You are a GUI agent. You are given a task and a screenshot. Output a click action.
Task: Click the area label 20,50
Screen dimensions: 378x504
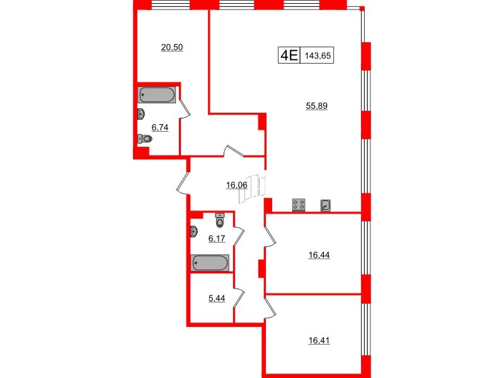172,47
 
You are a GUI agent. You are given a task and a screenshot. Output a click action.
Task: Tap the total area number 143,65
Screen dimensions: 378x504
318,55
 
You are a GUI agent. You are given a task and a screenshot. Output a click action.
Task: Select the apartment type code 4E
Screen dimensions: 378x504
289,55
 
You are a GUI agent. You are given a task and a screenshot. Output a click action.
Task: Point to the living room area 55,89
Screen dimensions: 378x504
317,107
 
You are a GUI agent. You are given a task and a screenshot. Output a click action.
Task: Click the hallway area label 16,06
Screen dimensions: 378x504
236,185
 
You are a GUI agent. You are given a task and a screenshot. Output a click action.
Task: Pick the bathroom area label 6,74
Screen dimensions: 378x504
160,126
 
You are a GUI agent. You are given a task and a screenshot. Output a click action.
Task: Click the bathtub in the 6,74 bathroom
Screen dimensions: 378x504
157,95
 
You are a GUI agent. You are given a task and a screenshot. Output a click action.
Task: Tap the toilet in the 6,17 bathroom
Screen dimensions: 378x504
219,221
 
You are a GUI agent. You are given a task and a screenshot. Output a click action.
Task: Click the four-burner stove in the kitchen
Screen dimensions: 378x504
299,205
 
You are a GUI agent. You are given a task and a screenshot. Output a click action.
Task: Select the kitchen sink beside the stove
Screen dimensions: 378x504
326,205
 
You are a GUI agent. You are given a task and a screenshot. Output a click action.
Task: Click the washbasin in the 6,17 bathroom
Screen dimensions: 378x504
193,232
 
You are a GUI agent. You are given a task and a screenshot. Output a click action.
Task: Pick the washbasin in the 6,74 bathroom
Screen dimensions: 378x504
141,114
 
